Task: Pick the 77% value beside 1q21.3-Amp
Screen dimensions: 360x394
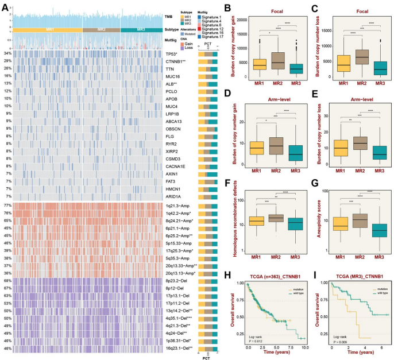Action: pos(7,205)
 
